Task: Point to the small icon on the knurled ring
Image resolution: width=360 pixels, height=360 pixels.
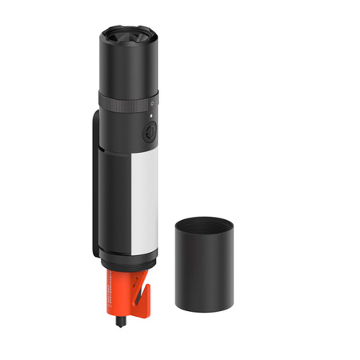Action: (150, 106)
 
